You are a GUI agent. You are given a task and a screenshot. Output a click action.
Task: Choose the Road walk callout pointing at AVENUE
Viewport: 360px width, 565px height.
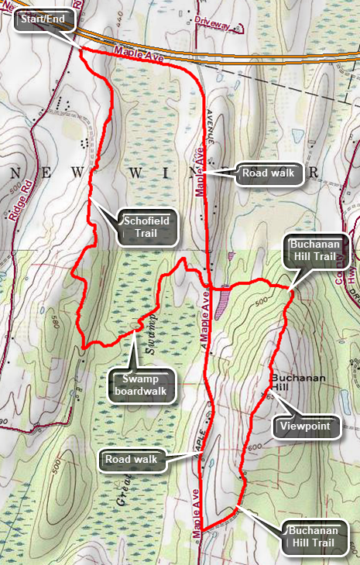pos(268,173)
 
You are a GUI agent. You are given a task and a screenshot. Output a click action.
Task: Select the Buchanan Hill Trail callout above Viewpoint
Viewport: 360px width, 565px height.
pos(318,252)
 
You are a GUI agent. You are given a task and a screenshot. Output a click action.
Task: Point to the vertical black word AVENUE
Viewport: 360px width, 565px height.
pos(209,124)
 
